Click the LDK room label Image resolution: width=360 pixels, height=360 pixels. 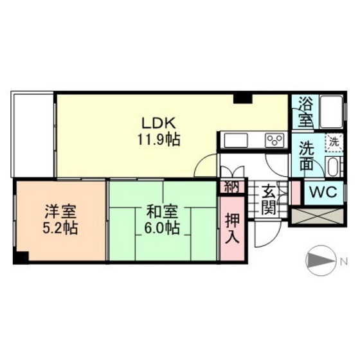159,123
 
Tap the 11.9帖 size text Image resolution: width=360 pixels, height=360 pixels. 159,140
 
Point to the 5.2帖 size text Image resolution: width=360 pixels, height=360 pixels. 60,228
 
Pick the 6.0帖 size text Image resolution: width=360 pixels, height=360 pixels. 162,228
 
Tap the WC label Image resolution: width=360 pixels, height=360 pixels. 323,192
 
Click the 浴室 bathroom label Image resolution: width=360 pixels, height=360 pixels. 305,113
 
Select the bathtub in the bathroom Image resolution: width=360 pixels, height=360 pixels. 331,112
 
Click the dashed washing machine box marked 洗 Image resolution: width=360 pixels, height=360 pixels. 334,143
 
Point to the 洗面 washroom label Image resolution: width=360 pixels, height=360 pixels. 307,155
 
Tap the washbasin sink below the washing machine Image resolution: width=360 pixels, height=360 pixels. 334,167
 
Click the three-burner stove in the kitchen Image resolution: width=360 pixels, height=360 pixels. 275,140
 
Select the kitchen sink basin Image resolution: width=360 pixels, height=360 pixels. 236,141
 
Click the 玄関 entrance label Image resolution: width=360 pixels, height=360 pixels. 269,199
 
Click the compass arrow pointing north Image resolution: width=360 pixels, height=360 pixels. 321,261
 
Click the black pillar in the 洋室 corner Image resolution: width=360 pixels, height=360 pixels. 21,257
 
